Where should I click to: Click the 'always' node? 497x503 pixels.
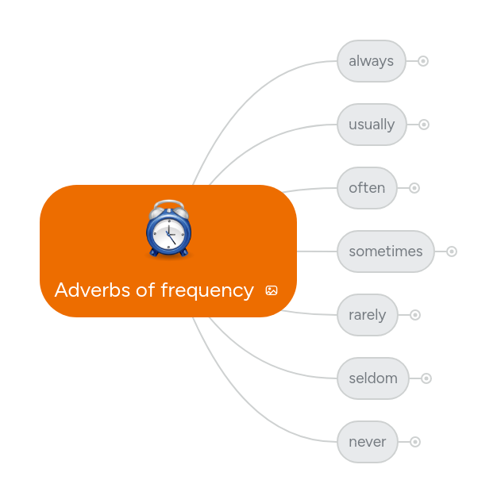pos(371,61)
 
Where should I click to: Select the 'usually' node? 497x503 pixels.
pos(372,125)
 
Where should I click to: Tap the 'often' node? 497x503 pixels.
pos(367,188)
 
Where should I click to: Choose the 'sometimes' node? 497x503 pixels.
pos(386,251)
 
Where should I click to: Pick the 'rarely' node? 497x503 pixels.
pos(367,315)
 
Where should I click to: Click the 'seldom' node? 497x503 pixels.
pos(373,378)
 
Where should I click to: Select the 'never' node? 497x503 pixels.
pos(367,442)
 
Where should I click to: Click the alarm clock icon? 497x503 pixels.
pos(168,230)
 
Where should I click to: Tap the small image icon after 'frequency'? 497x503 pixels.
pos(272,290)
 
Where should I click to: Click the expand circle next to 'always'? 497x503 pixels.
pos(423,61)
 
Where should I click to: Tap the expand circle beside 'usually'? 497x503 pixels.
pos(424,125)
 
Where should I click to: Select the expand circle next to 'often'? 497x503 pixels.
pos(414,188)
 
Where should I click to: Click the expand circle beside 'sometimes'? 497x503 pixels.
pos(452,251)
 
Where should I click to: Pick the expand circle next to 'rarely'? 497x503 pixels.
pos(415,315)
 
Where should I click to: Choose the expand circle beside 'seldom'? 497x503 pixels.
pos(426,378)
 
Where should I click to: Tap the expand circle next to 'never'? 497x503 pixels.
pos(415,442)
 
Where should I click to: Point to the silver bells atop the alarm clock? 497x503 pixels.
pos(168,208)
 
